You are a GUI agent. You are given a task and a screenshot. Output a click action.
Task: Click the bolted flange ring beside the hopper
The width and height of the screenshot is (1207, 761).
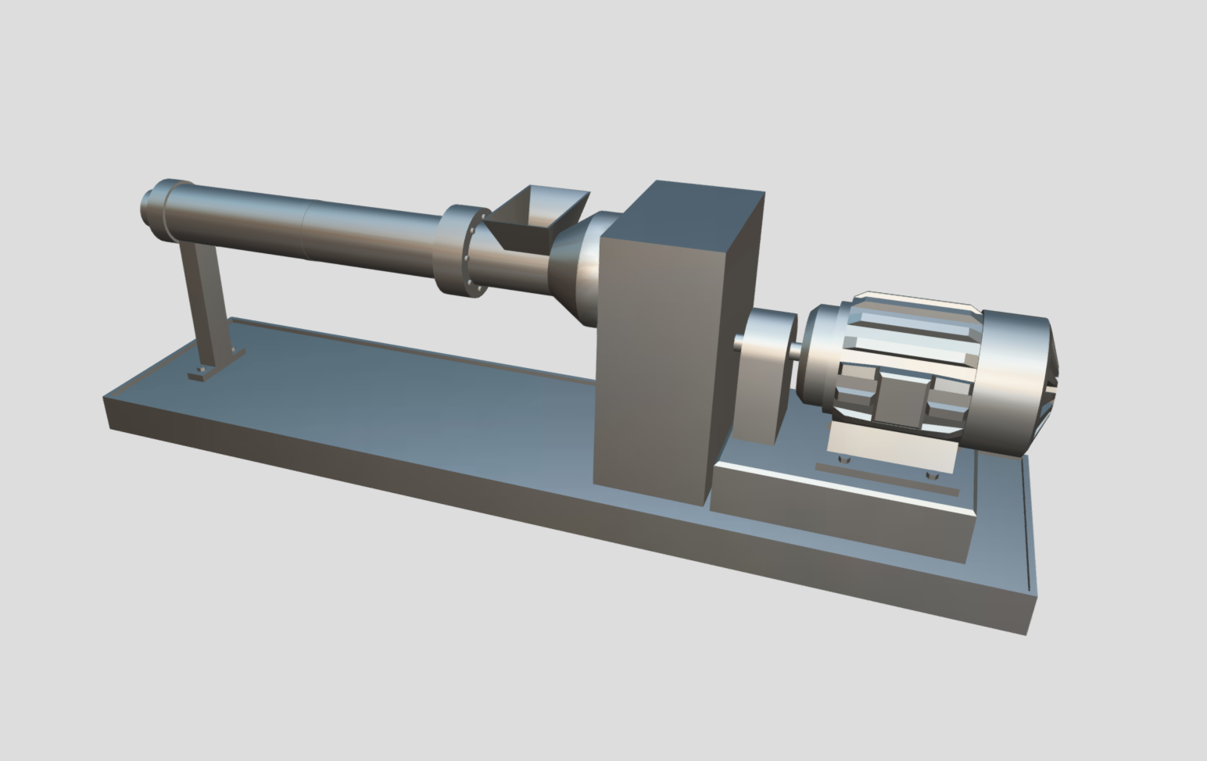pos(463,252)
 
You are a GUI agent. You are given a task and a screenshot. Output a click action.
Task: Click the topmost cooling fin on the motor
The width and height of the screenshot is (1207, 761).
pos(915,300)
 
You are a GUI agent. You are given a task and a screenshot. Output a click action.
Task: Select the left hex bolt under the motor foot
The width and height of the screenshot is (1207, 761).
pos(843,459)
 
